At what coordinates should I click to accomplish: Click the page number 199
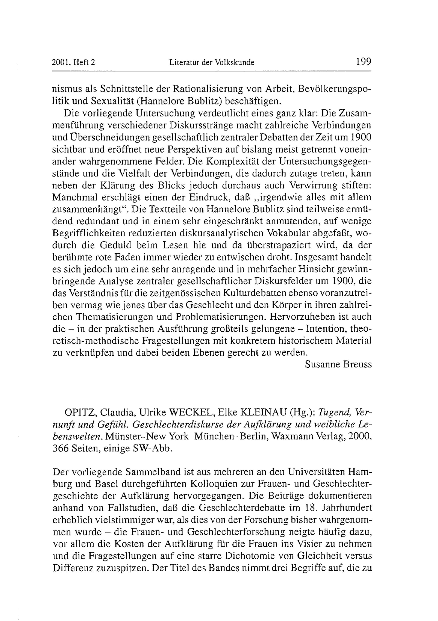coord(364,62)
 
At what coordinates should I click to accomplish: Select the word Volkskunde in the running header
coord(235,63)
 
